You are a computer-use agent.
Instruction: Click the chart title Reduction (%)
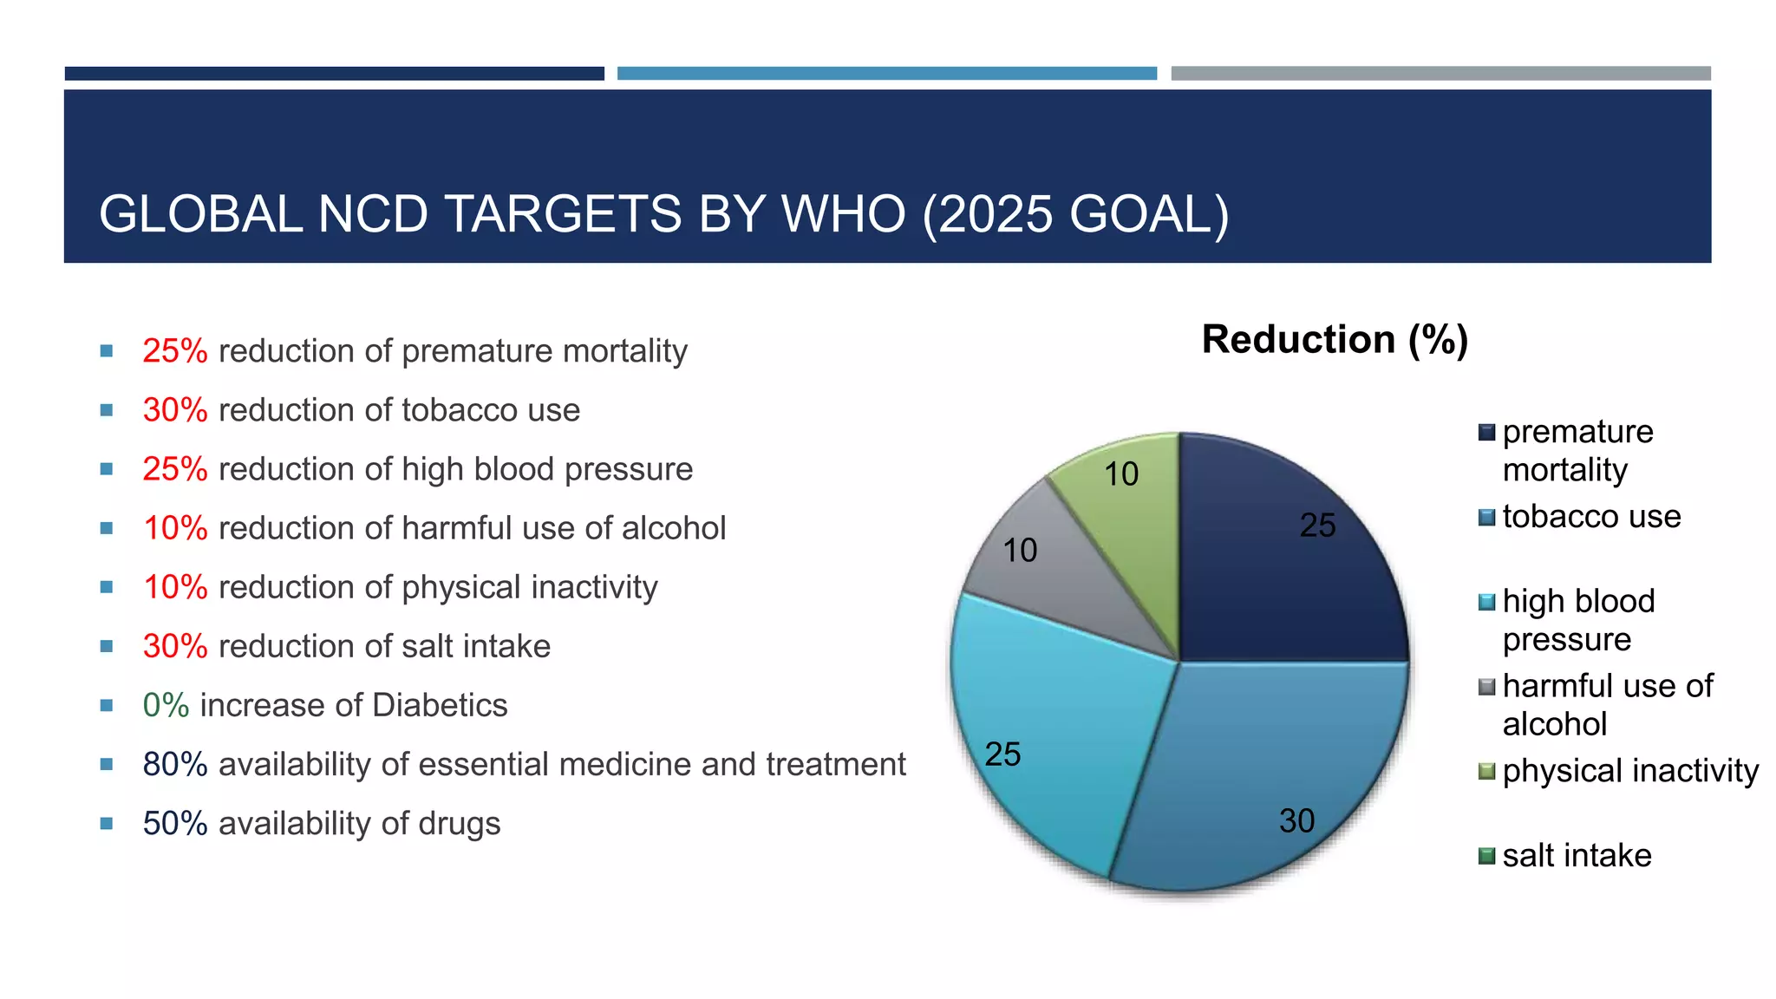pos(1334,339)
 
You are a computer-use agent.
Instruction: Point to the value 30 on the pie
pos(1296,820)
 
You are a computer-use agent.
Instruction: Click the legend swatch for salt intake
pos(1486,856)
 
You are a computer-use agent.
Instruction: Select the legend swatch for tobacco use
pos(1486,518)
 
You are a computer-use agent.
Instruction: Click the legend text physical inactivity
pos(1630,770)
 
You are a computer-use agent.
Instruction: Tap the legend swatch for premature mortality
pos(1486,432)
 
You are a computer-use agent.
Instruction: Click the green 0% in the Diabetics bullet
pos(166,705)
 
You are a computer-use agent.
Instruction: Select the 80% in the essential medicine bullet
pos(175,764)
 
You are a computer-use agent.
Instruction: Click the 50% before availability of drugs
pos(175,823)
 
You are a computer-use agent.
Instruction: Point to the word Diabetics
pos(441,705)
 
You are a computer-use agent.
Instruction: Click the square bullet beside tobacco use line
pos(107,410)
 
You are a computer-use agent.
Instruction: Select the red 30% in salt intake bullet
pos(175,646)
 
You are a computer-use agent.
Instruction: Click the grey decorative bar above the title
pos(1440,74)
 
